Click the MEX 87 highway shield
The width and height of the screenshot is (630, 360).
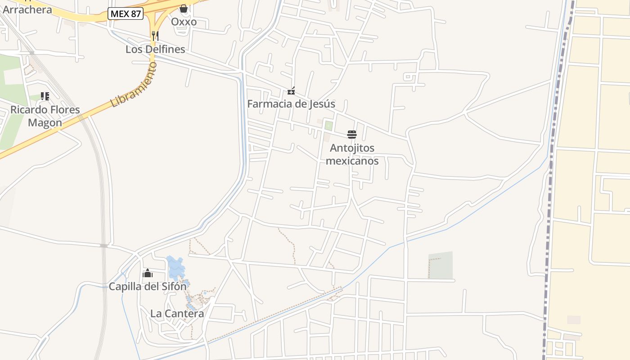(x=126, y=14)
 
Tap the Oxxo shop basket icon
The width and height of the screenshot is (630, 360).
(x=184, y=8)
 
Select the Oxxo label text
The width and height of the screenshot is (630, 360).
(x=184, y=22)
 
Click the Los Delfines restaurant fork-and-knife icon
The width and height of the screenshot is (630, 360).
(x=155, y=36)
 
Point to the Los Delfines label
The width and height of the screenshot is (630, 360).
(x=155, y=49)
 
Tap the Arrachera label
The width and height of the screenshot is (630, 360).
(x=27, y=9)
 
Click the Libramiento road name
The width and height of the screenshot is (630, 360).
(x=134, y=85)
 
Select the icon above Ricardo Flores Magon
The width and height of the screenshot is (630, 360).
(x=45, y=96)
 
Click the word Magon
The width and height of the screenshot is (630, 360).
(x=45, y=122)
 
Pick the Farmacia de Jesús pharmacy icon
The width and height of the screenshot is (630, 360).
(x=291, y=91)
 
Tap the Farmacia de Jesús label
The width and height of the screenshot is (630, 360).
(x=291, y=104)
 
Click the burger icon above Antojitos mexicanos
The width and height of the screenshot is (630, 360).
(x=352, y=135)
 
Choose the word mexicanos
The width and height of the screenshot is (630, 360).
(x=352, y=161)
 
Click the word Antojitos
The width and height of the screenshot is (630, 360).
(x=352, y=148)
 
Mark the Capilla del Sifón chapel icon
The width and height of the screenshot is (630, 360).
(x=148, y=273)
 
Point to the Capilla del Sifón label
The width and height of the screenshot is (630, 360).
(x=148, y=286)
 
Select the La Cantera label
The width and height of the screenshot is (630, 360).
(x=177, y=314)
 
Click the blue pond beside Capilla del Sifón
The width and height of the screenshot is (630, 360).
(x=175, y=268)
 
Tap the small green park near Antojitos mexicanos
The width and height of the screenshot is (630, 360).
(x=329, y=126)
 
